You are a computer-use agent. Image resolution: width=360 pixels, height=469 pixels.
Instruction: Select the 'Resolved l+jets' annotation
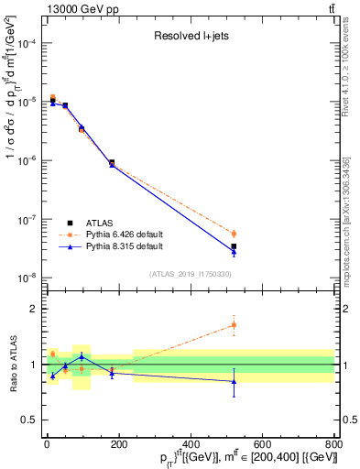coord(190,37)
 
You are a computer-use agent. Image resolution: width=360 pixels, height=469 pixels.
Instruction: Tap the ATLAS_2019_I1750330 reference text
coord(190,274)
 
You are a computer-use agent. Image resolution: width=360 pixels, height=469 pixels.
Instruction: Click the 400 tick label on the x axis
coord(190,446)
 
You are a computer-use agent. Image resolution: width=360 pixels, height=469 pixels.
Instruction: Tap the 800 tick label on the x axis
coord(333,446)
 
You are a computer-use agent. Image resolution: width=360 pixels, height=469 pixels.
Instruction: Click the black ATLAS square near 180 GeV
coord(112,163)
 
